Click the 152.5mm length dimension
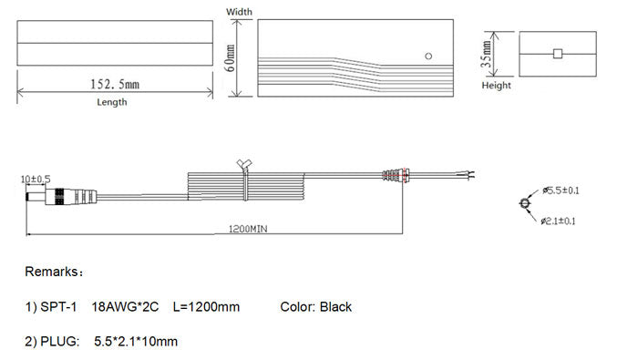coord(115,84)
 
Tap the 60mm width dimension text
coord(231,58)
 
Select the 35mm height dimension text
coord(487,54)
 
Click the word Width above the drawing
coord(239,12)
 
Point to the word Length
coord(112,102)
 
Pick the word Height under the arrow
coord(497,85)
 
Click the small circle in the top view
coord(428,56)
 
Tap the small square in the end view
coord(558,54)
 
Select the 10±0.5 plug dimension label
coord(36,179)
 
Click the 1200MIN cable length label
coord(248,229)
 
